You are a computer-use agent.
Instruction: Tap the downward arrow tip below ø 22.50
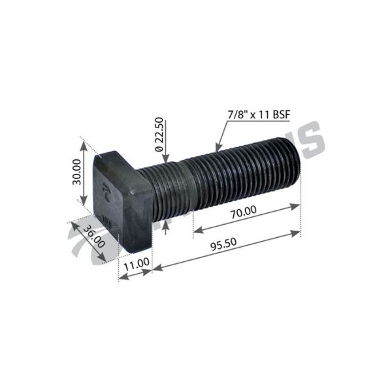(x=167, y=161)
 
